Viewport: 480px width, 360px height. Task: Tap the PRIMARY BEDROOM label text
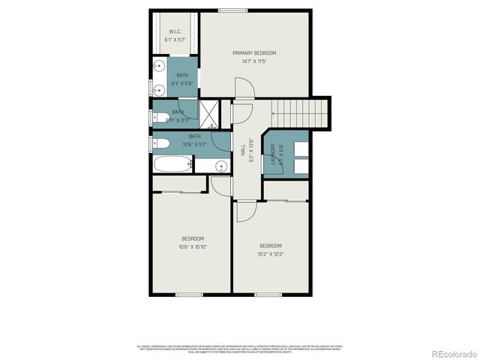[254, 52]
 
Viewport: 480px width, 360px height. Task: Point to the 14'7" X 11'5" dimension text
[254, 61]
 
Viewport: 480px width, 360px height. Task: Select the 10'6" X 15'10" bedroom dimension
[193, 247]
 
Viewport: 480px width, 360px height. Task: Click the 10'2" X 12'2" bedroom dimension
[271, 254]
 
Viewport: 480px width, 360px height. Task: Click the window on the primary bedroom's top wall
[229, 10]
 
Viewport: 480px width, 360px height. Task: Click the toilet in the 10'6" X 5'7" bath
[161, 143]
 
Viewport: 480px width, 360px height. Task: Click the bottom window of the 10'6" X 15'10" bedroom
[190, 295]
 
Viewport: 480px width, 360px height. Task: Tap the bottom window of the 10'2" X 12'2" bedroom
[268, 295]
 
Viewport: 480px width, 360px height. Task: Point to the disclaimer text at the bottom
[239, 349]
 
